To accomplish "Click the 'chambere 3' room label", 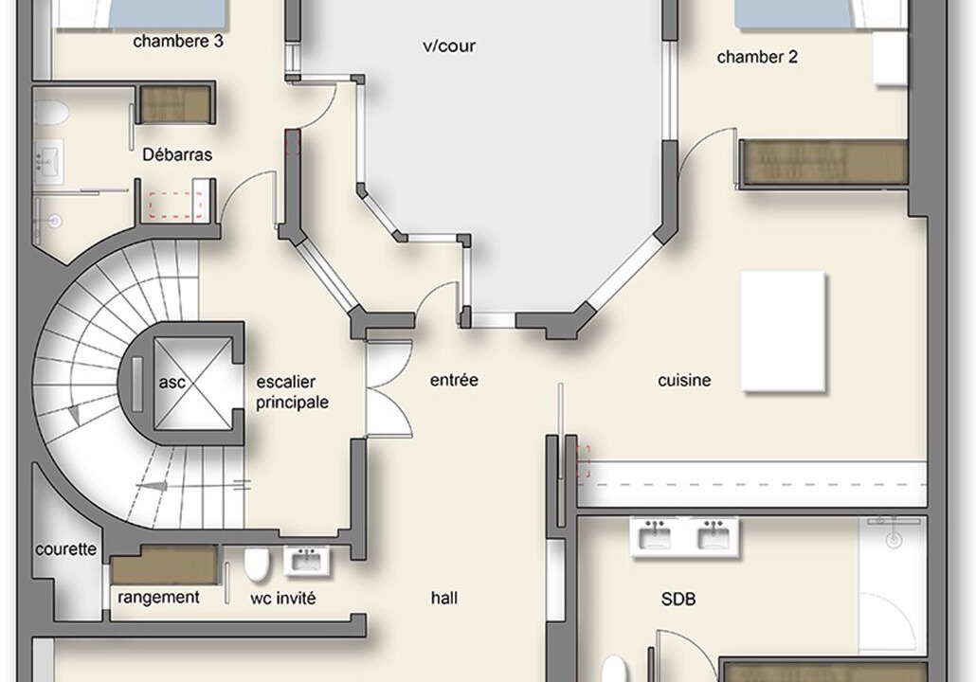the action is point(178,42).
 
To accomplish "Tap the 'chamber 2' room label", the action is point(757,57).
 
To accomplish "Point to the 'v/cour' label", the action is point(449,46).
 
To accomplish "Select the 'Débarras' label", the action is point(177,154).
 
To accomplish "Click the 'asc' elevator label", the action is point(172,382).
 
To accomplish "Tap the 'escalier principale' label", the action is point(292,392).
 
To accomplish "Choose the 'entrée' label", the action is point(455,380).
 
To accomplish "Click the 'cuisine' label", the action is point(684,380).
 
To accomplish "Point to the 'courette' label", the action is point(66,549).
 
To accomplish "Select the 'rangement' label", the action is point(159,598).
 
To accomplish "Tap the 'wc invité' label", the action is point(283,599).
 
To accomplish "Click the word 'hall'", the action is point(444,598).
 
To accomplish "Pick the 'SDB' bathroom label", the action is point(678,600).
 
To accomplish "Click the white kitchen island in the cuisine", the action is point(784,332).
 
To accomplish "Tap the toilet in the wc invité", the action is point(257,564).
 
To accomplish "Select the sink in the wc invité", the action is point(308,561).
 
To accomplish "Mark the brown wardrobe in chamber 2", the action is point(823,163).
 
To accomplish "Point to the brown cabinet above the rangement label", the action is point(164,565).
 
